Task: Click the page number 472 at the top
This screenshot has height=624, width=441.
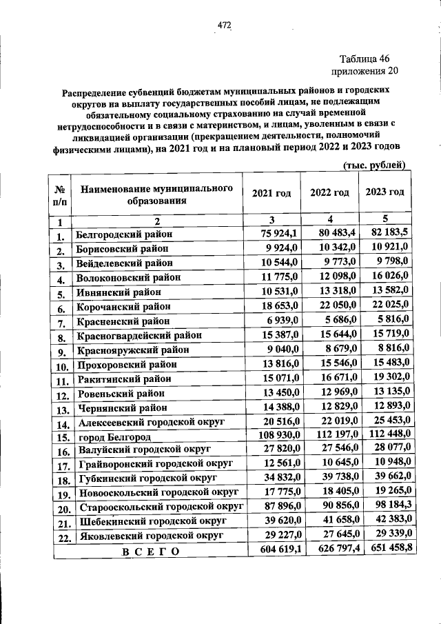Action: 224,26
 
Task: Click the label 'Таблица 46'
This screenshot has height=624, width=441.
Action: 365,59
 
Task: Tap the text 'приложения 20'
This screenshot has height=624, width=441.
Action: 365,70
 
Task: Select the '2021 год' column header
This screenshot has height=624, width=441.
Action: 271,192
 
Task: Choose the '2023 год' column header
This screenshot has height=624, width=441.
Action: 384,192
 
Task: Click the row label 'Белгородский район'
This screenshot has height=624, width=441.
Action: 124,234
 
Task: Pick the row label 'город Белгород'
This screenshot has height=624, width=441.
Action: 114,437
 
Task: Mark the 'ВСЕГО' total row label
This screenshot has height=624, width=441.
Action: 150,551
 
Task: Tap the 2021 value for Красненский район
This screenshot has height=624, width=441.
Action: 280,321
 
